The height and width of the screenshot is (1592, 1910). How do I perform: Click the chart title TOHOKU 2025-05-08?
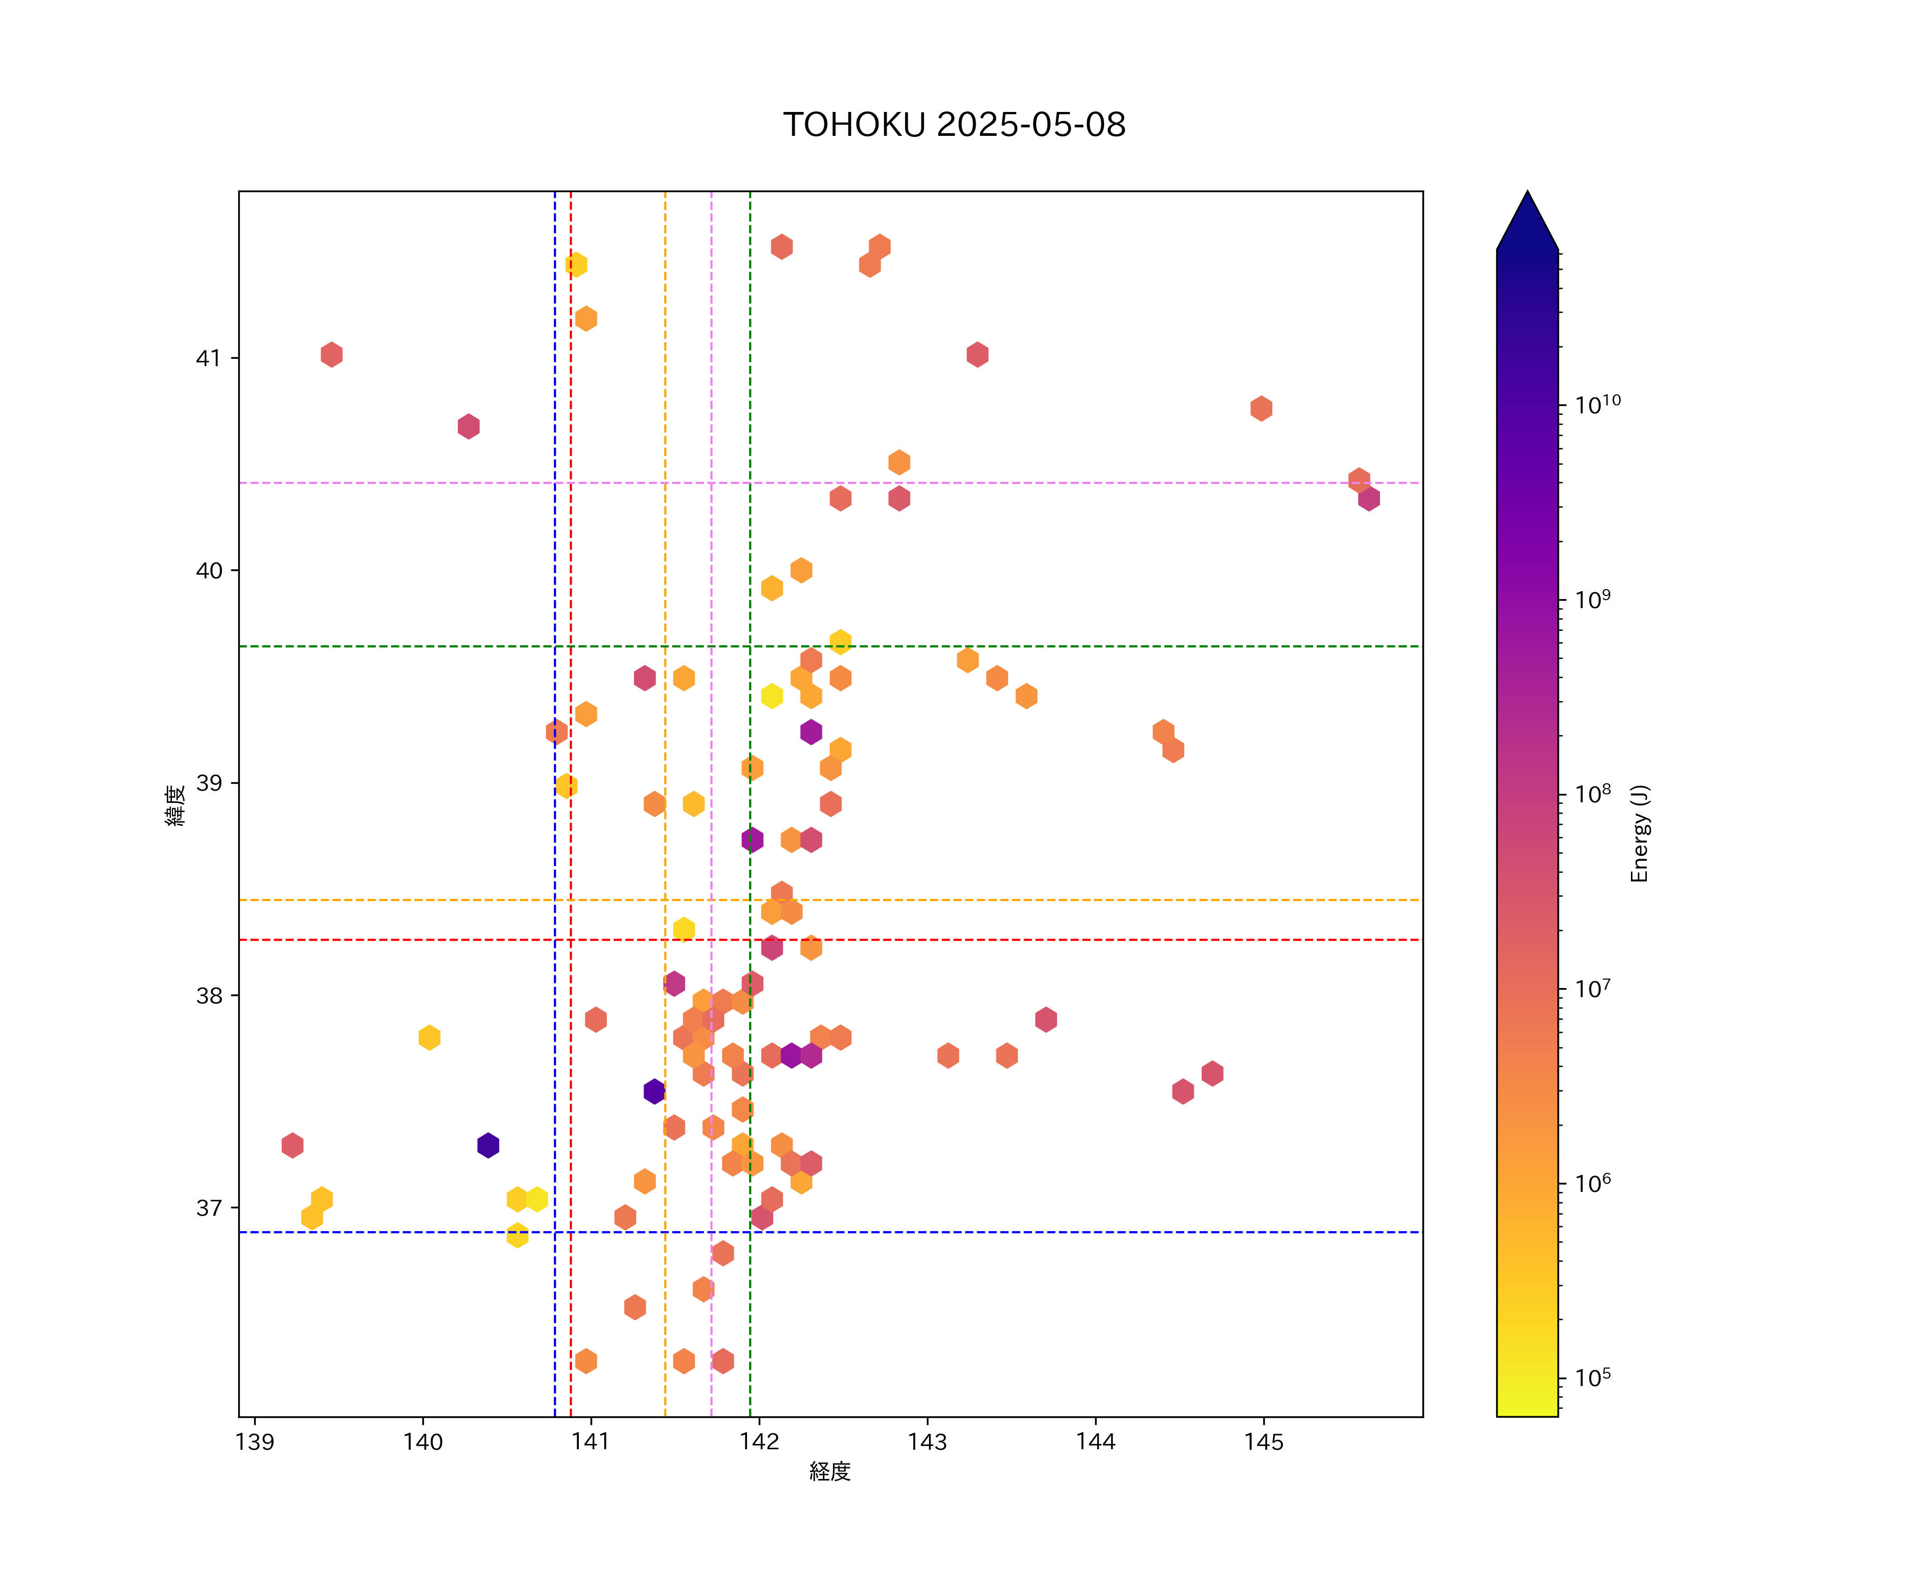pos(954,125)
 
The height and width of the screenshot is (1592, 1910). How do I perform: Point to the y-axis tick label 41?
pos(209,358)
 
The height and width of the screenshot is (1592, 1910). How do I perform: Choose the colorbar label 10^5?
pos(1593,1377)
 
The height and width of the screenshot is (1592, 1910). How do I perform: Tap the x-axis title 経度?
pos(829,1472)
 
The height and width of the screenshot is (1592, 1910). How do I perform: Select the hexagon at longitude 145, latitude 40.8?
pos(1261,409)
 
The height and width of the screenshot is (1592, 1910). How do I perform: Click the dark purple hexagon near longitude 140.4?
pos(489,1145)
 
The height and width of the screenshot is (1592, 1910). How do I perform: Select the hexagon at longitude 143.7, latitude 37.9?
pos(1046,1020)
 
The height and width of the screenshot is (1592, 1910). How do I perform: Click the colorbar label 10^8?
pos(1593,793)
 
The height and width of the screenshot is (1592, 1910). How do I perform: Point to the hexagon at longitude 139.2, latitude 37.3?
pos(292,1145)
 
